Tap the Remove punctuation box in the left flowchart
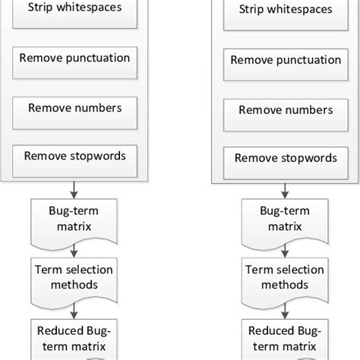point(74,59)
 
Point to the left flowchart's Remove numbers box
point(74,109)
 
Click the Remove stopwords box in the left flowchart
point(74,157)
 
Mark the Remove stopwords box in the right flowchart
point(284,160)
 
